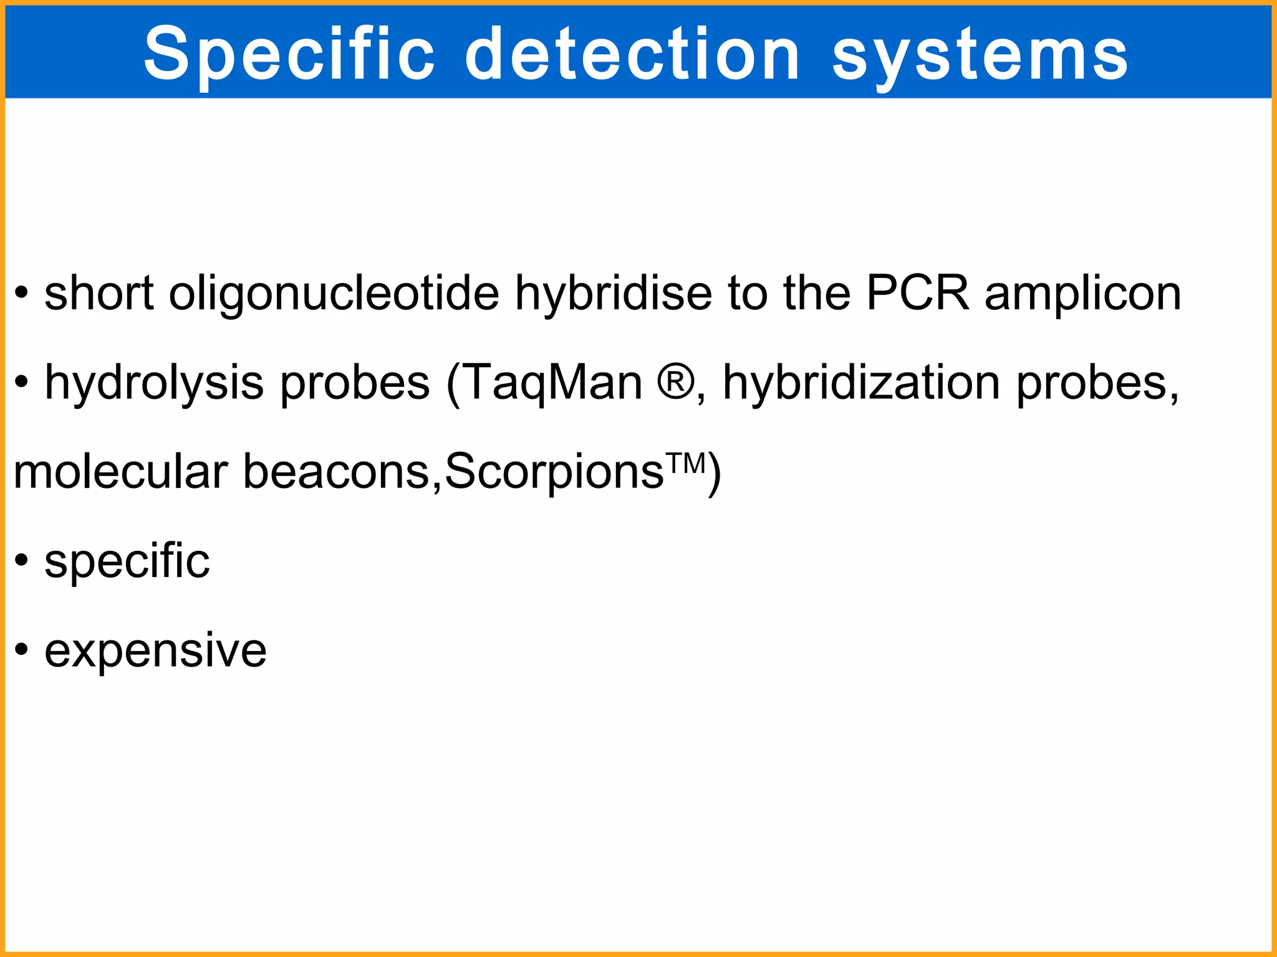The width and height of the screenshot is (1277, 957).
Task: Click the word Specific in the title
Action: click(x=289, y=55)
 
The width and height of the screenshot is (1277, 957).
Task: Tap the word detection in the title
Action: click(x=632, y=55)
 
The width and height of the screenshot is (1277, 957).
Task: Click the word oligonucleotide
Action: click(x=334, y=294)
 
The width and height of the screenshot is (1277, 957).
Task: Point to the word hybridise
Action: click(x=613, y=294)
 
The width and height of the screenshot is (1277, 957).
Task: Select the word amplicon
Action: click(x=1082, y=294)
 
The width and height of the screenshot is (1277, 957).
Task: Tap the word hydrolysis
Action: click(x=154, y=384)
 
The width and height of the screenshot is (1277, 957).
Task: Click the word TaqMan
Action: click(x=552, y=384)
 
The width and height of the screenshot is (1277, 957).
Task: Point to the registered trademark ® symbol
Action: click(x=675, y=381)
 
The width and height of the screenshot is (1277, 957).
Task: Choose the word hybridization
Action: click(x=861, y=384)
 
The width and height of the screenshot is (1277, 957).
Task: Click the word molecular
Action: click(x=120, y=472)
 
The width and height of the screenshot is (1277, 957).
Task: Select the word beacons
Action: click(x=336, y=472)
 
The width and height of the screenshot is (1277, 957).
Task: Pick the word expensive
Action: click(x=155, y=652)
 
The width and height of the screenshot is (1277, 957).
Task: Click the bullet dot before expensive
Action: click(x=22, y=650)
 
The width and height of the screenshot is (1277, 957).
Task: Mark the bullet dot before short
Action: click(x=22, y=292)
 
